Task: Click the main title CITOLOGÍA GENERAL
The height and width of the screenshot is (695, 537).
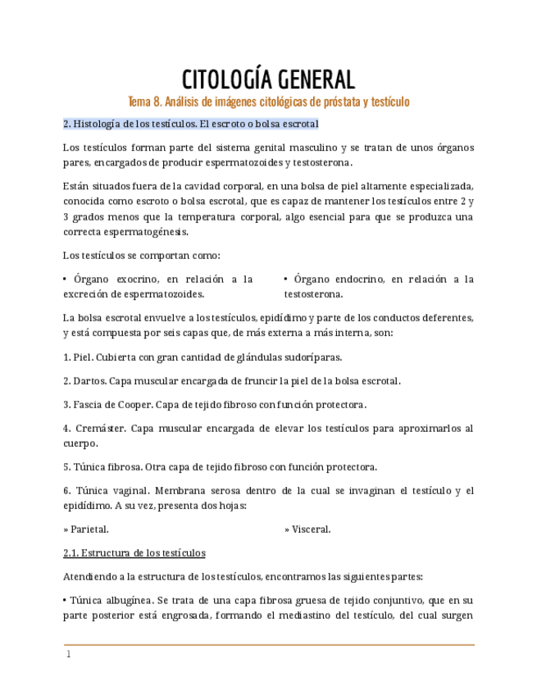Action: point(268,79)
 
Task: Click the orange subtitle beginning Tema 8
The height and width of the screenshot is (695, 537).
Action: point(268,102)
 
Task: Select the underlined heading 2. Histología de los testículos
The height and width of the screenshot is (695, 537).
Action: point(191,124)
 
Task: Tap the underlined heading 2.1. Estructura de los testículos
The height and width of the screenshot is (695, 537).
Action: point(134,552)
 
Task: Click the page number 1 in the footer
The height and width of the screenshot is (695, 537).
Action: point(69,655)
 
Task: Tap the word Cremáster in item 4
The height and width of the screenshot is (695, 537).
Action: point(99,428)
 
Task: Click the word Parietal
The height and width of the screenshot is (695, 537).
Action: point(89,529)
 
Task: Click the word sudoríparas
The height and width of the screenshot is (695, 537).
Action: point(310,357)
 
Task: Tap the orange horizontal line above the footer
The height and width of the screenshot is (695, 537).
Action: point(268,645)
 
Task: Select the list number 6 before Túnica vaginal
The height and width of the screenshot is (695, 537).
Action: point(66,490)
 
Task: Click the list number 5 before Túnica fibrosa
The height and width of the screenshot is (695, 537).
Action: point(66,467)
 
